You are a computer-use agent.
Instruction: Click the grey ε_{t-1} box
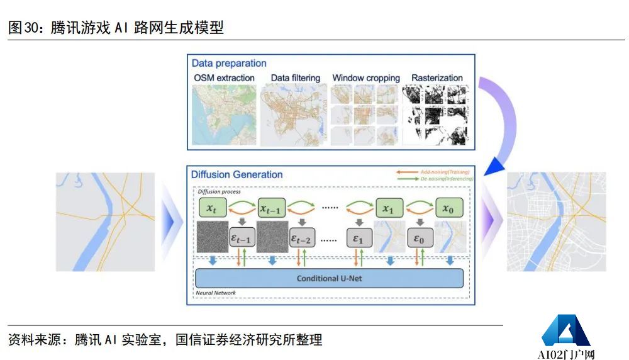tap(242, 238)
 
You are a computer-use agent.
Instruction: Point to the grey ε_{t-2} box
tap(302, 238)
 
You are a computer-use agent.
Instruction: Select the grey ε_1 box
tap(358, 238)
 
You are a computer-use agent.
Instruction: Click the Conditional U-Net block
tap(330, 278)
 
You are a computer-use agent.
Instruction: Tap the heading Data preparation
tap(229, 63)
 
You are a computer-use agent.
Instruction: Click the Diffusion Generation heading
tap(237, 174)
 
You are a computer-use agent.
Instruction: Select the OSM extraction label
tap(224, 78)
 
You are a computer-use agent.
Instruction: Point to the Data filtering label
tap(295, 78)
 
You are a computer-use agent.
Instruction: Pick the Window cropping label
tap(366, 78)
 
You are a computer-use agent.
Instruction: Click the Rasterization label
tap(437, 78)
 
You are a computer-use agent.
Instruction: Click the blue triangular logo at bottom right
tap(565, 331)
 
